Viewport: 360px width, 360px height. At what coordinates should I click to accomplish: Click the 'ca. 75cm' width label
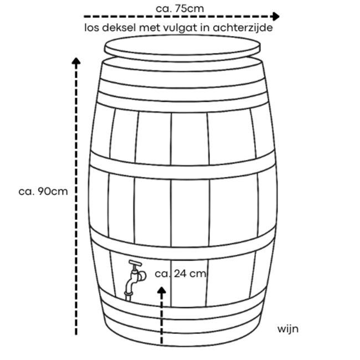coord(180,8)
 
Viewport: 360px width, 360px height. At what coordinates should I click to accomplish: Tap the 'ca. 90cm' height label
coord(43,191)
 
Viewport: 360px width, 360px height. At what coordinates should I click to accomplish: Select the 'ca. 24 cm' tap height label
coord(181,274)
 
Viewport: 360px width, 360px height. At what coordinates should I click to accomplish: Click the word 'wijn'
coord(288,329)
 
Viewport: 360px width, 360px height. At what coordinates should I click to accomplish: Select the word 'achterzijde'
coord(243,28)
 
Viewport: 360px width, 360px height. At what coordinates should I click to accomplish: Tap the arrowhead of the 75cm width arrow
coord(275,16)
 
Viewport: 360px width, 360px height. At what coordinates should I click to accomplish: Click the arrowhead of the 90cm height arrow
coord(76,60)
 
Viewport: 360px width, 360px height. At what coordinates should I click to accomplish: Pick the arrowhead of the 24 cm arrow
coord(162,290)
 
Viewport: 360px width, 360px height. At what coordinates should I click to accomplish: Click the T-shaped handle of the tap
coord(135,263)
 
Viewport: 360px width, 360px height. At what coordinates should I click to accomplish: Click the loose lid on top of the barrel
coord(183,48)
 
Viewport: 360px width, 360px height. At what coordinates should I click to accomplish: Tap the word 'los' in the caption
coord(92,28)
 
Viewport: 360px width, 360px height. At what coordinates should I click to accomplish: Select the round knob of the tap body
coord(142,276)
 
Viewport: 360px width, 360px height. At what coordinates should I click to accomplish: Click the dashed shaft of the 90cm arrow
coord(76,199)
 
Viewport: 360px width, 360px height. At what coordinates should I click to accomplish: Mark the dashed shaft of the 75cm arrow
coord(177,17)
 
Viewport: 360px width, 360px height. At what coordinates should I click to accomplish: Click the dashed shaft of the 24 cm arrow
coord(162,318)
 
